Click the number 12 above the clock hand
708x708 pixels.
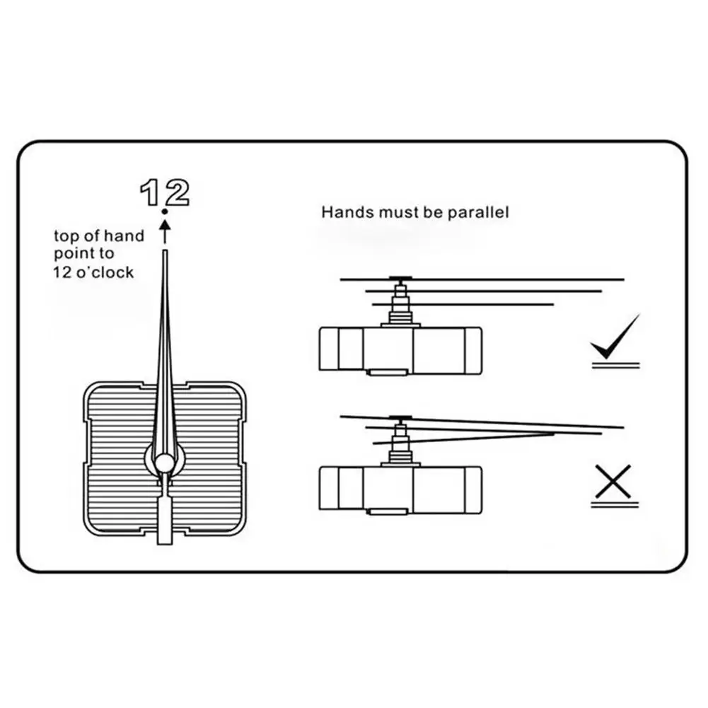[x=164, y=192]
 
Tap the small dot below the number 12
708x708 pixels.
[x=164, y=211]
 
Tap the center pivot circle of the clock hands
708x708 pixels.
[x=164, y=463]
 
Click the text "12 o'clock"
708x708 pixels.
[x=93, y=272]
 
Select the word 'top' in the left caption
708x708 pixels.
[x=67, y=236]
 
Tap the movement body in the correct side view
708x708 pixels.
[x=400, y=348]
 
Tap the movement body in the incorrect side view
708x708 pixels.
[x=400, y=487]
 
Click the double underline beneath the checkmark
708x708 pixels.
[x=615, y=365]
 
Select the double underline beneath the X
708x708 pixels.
[x=615, y=504]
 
